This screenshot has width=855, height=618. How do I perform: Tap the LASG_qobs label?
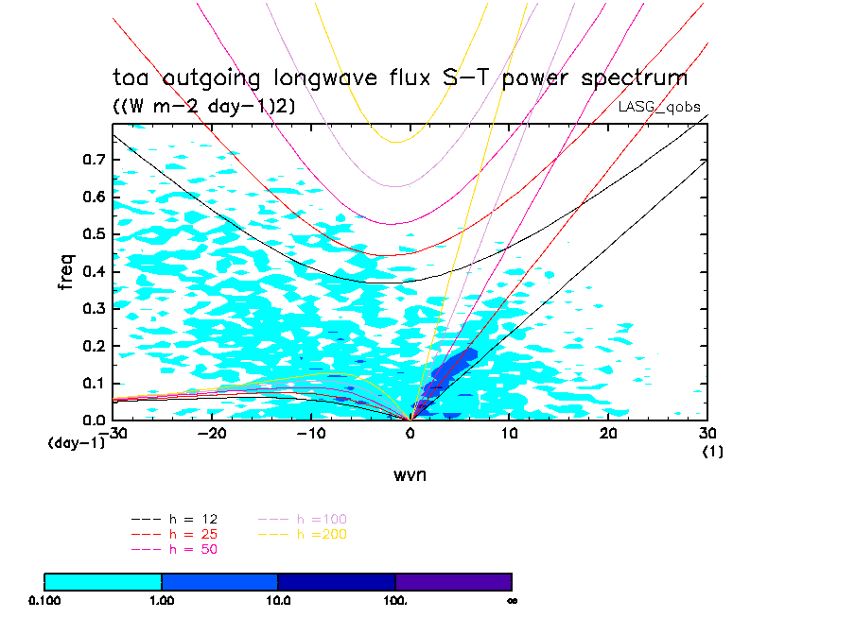[x=659, y=107]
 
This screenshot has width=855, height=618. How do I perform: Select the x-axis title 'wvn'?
[x=410, y=475]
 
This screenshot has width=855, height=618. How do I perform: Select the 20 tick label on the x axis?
[x=608, y=433]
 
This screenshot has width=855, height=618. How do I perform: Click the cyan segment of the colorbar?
[x=103, y=581]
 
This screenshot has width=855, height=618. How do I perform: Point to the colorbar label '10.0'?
[x=277, y=599]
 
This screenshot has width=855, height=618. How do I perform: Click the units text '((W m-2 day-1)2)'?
[x=204, y=107]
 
